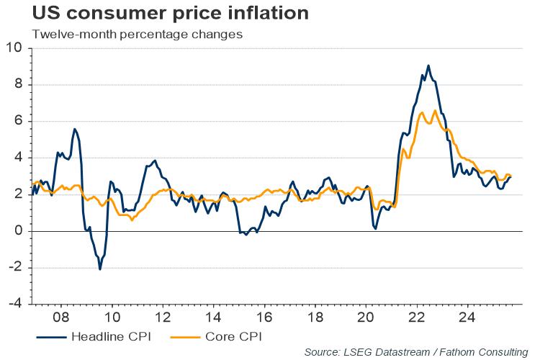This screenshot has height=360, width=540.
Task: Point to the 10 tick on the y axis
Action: [x=15, y=48]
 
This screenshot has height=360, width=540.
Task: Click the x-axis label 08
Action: [x=61, y=317]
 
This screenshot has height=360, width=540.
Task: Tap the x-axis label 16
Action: [x=264, y=317]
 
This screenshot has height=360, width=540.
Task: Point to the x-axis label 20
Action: [x=366, y=317]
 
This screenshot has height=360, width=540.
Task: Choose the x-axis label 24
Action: [x=467, y=317]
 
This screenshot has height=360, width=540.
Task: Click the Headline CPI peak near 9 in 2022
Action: [x=428, y=66]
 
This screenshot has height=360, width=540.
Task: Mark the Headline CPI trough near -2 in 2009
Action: [x=99, y=269]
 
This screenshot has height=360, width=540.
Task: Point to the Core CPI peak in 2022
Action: [x=435, y=110]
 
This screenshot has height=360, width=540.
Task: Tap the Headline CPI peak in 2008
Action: [x=74, y=129]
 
